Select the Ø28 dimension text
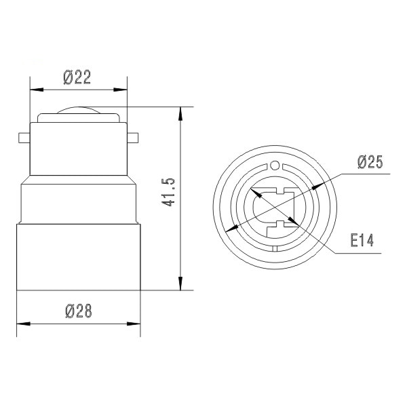[x=78, y=311]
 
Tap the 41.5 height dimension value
[x=170, y=192]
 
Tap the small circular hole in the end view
[x=275, y=165]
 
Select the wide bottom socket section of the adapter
[x=78, y=258]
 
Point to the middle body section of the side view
[x=78, y=203]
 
